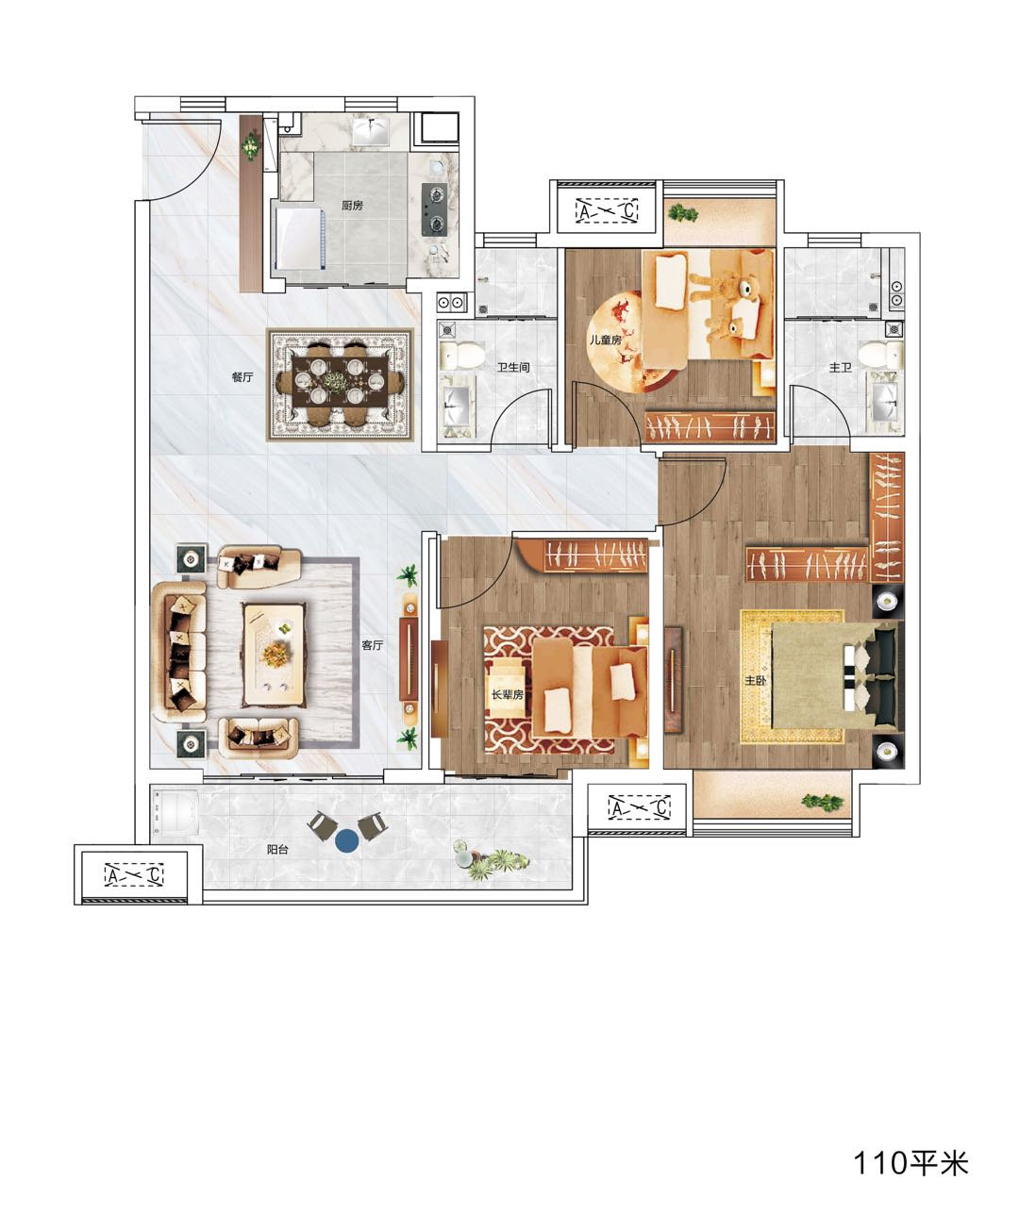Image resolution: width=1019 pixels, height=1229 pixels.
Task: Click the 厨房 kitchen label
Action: (x=352, y=206)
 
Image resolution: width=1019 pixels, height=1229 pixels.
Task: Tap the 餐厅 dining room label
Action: (x=242, y=377)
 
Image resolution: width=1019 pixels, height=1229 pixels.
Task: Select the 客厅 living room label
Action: (x=372, y=645)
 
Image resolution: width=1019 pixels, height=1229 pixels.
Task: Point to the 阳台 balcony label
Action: (x=277, y=849)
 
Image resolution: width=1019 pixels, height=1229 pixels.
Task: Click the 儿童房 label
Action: (x=606, y=340)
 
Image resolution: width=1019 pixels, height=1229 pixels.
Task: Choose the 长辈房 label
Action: (x=508, y=694)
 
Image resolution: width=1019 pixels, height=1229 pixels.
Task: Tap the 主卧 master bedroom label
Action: (x=755, y=680)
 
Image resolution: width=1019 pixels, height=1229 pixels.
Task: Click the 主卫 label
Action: (x=840, y=367)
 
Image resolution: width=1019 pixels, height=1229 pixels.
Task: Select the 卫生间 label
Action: (x=513, y=367)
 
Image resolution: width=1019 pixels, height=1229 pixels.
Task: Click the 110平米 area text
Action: (x=910, y=1163)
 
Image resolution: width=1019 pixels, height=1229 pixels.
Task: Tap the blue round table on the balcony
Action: (x=347, y=841)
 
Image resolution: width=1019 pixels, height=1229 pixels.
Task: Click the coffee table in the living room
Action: (x=275, y=656)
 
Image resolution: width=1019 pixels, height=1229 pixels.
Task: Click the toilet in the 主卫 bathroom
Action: (x=881, y=355)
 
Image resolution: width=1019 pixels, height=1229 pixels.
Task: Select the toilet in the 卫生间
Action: (x=461, y=355)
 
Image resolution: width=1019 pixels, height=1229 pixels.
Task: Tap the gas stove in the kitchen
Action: (x=434, y=209)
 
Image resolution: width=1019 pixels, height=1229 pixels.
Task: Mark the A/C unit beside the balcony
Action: (x=134, y=874)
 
